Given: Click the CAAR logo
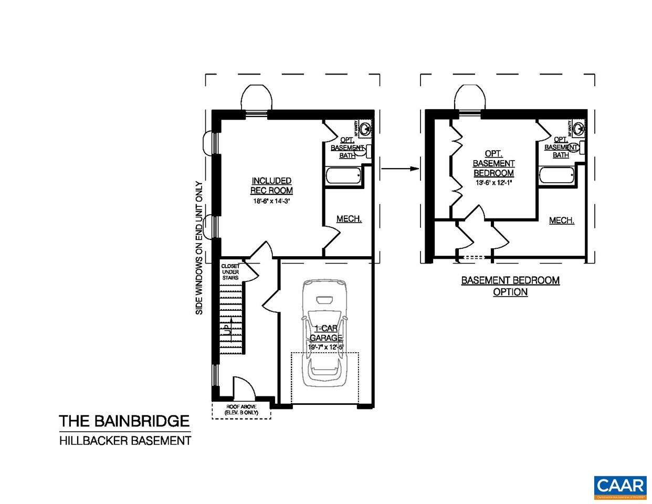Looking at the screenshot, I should point(620,487).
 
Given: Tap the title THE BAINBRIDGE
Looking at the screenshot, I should point(124,421).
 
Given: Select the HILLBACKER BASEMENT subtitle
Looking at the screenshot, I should point(125,440).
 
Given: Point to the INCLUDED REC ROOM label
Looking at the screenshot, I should point(271,185).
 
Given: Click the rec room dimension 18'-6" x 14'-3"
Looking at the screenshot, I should point(271,201).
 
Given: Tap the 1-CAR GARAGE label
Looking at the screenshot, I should point(325,333).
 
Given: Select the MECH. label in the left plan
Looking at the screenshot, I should point(349,219).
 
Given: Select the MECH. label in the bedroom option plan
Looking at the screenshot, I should point(561,220).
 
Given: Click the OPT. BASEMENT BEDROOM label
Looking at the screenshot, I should point(493,163).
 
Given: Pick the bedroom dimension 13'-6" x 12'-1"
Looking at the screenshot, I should point(493,183).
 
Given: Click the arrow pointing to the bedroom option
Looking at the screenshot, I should point(399,169).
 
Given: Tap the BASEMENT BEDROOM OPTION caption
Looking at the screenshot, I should point(510,286).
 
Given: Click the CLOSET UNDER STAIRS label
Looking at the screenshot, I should point(230,272).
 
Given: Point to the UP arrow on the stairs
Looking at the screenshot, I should point(228,329).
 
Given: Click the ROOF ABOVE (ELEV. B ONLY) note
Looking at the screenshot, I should point(241,410).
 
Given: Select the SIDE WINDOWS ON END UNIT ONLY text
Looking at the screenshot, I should point(199,248).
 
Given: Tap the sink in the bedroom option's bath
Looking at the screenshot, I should point(579,128).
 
